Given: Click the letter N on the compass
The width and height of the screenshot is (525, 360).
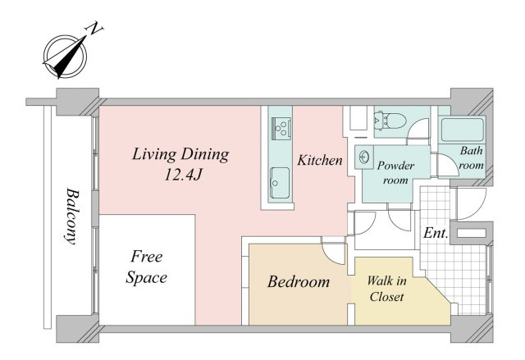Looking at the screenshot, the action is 94,29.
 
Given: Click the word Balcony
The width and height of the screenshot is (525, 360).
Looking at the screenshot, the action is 72,217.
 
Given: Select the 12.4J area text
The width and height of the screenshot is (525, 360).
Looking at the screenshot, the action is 183,175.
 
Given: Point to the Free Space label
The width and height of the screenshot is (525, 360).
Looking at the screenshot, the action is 146,267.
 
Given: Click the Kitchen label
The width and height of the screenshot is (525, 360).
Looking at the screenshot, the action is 320,160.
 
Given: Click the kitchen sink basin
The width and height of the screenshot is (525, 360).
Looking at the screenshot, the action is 280,183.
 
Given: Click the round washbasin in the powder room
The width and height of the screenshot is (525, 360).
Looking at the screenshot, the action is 364,157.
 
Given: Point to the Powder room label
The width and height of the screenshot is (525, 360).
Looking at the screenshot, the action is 395,173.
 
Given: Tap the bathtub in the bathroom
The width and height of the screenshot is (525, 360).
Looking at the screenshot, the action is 462,130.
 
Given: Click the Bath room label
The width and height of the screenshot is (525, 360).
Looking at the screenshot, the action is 472,158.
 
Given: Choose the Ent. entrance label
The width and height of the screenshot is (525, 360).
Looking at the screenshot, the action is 436,233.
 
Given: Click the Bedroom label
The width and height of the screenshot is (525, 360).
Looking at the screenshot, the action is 299,282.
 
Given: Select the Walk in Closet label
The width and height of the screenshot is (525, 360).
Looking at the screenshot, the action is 386,289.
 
